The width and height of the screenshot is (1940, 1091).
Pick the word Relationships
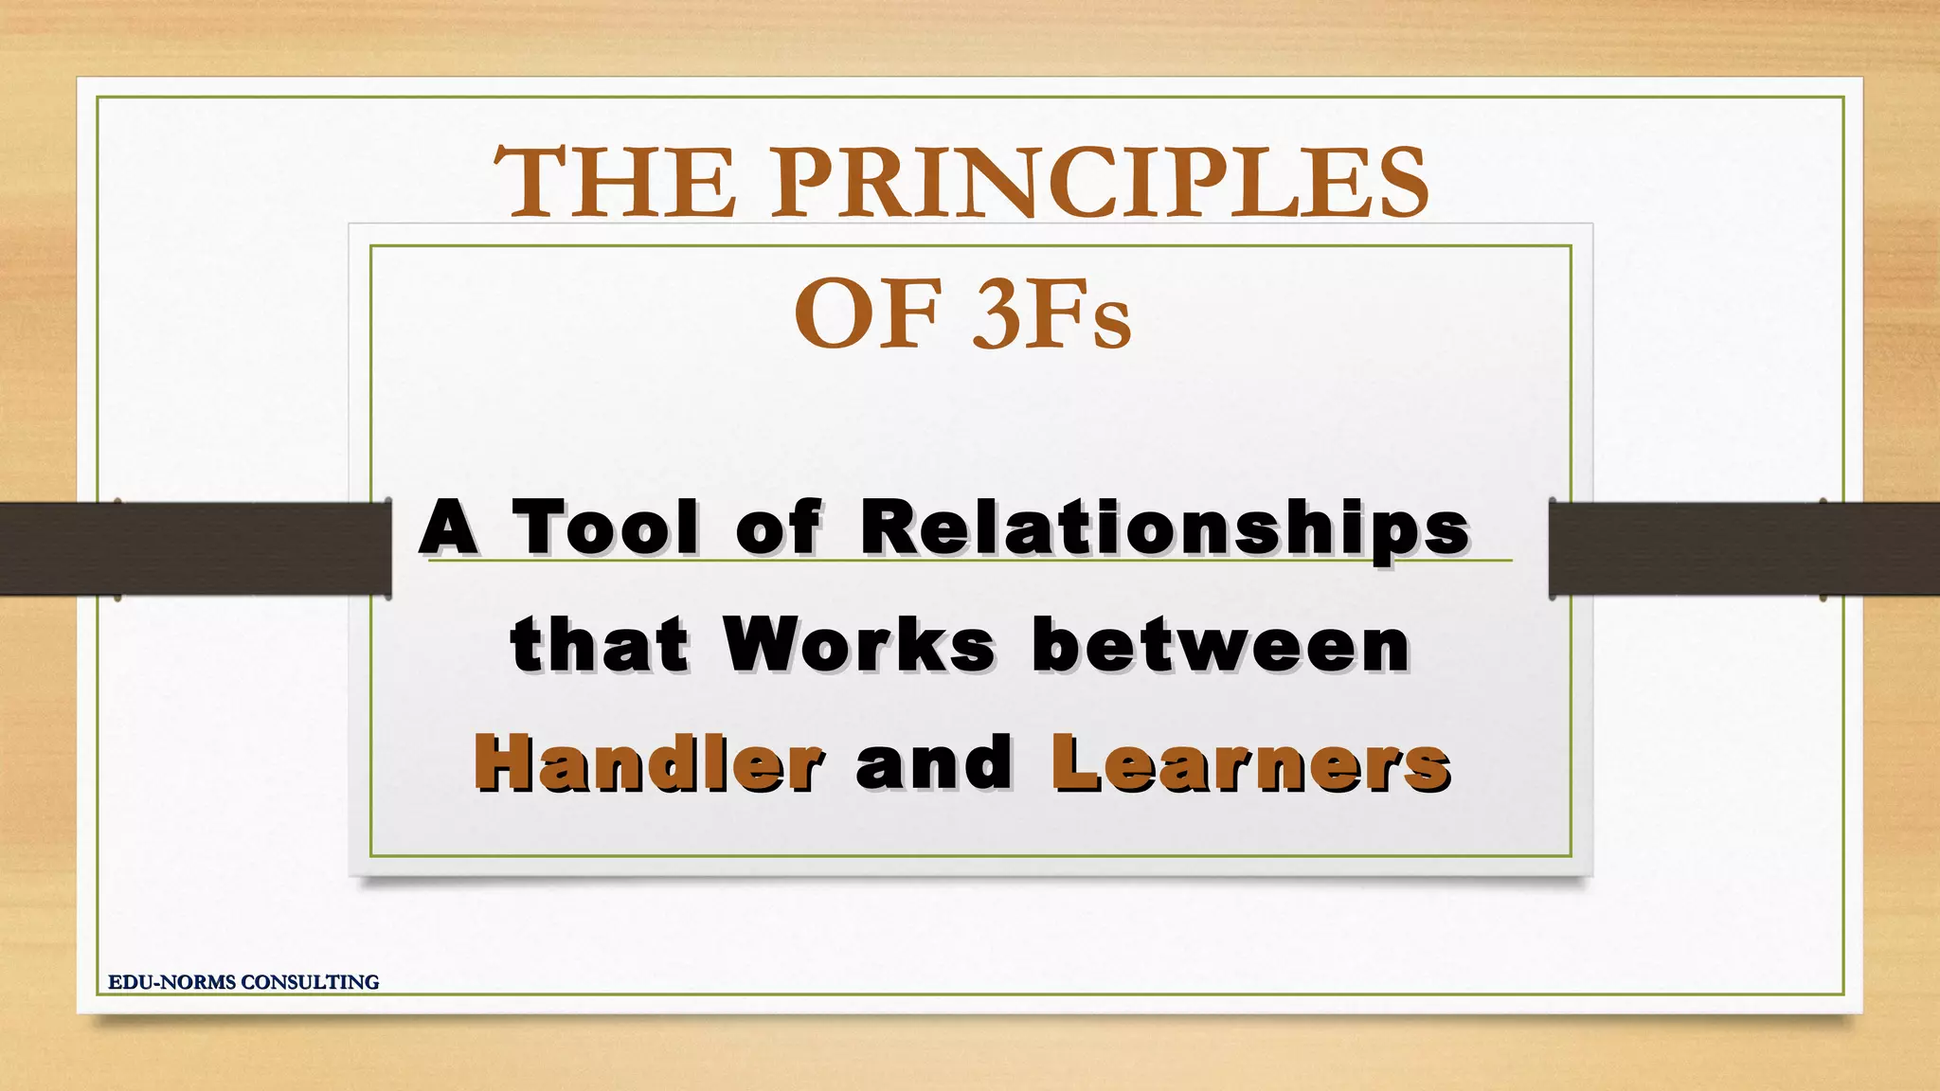[x=1165, y=528]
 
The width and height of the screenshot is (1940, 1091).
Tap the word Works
[x=860, y=646]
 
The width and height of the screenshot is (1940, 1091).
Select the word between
[x=1222, y=646]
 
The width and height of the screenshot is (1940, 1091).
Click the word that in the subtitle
[x=600, y=646]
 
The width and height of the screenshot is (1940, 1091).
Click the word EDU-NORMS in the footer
[x=171, y=982]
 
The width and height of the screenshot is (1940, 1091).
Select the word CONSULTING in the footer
[x=310, y=982]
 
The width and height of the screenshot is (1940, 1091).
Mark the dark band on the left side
[x=194, y=548]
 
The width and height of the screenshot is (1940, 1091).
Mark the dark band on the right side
[x=1743, y=548]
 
